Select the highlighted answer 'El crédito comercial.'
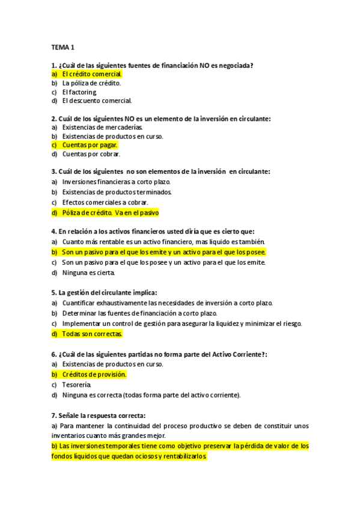coord(91,74)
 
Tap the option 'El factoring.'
coord(79,92)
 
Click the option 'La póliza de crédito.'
coord(91,83)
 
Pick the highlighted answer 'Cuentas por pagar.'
coord(90,145)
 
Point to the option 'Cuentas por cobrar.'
coord(91,154)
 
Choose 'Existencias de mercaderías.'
coord(102,127)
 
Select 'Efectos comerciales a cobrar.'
coord(105,203)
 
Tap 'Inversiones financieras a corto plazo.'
coord(117,182)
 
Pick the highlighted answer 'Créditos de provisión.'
coord(94,374)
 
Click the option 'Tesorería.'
coord(77,384)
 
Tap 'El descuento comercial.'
coord(97,100)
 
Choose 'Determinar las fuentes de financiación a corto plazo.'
coord(139,313)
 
